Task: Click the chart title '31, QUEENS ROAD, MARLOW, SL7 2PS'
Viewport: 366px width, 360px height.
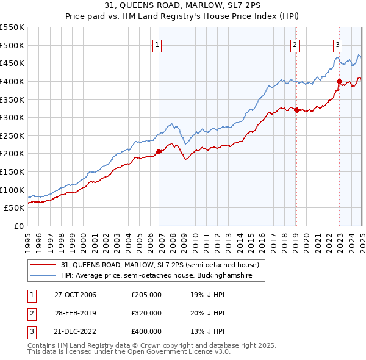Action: tap(183, 6)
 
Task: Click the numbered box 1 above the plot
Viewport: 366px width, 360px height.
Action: tap(157, 44)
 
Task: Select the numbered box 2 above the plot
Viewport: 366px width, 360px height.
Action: tap(295, 44)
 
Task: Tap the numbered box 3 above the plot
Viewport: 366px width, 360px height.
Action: tap(337, 44)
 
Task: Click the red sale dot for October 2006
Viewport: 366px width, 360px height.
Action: tap(159, 151)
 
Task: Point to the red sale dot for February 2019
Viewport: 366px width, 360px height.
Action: tap(296, 110)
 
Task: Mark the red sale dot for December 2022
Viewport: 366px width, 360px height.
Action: tap(339, 81)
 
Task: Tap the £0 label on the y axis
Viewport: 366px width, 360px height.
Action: tap(18, 226)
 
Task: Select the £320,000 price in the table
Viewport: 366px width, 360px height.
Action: tap(146, 313)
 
